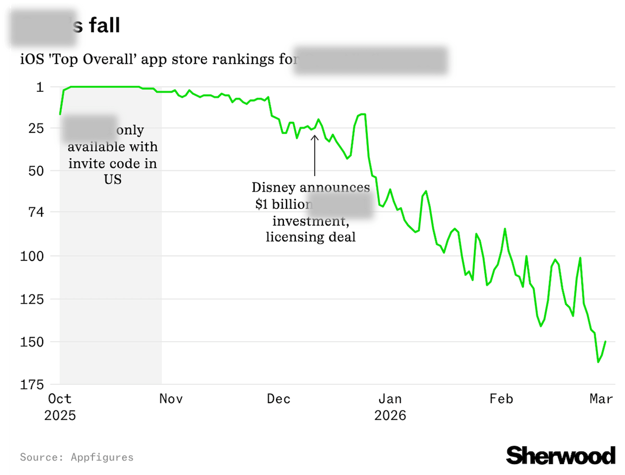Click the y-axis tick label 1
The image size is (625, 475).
coord(40,87)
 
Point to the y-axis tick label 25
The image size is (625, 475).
coord(36,128)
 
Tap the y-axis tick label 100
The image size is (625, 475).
coord(33,256)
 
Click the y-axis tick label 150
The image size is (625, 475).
coord(33,342)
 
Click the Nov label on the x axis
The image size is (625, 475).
coord(171,399)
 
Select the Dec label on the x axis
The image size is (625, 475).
coord(279,399)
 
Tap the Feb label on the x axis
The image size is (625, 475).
coord(501,399)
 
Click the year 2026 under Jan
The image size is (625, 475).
coord(390,416)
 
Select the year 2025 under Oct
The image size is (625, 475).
coord(60,416)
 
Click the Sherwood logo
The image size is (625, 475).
coord(560,455)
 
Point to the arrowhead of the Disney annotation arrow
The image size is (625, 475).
coord(315,137)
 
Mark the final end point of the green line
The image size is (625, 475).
coord(605,342)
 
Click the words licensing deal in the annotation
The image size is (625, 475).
coord(310,237)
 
